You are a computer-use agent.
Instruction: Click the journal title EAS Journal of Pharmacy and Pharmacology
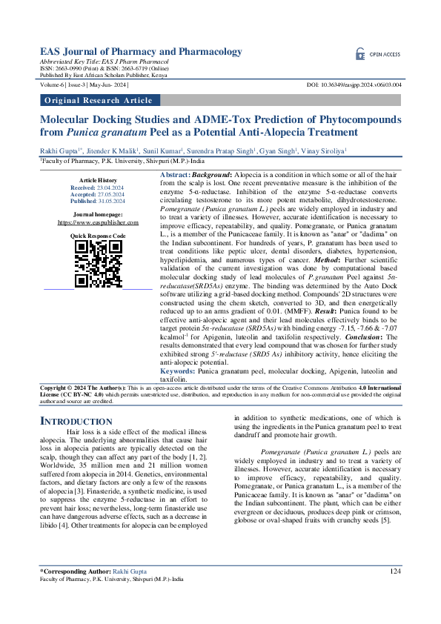coord(141,51)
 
